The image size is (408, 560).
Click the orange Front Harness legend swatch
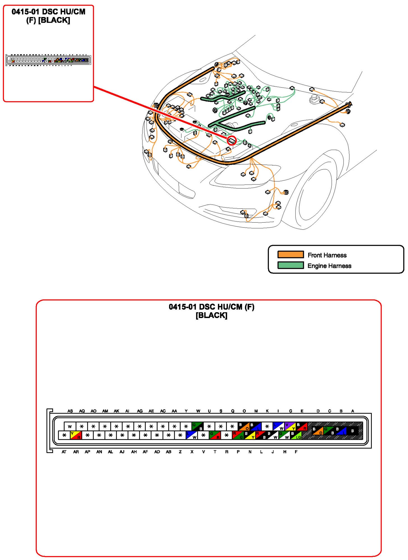click(x=290, y=254)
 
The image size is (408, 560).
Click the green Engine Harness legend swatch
click(x=290, y=265)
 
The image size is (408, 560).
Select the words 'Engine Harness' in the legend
click(x=329, y=266)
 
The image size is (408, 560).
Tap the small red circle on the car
click(x=232, y=141)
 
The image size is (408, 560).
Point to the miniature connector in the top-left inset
click(x=48, y=60)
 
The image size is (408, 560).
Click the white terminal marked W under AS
click(x=70, y=426)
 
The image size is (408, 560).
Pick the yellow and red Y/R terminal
click(x=76, y=435)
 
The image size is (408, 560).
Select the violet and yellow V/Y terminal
click(x=290, y=426)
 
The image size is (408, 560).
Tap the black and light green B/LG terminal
click(x=296, y=435)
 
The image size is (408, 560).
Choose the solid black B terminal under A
click(x=352, y=431)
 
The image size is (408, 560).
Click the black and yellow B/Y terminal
click(x=249, y=435)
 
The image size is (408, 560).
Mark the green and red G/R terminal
click(x=215, y=435)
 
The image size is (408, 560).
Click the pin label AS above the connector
click(x=70, y=411)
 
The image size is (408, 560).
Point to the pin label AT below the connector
click(x=64, y=452)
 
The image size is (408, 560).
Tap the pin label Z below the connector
click(x=180, y=452)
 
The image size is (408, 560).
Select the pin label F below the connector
click(x=296, y=452)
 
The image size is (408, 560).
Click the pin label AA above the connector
click(x=174, y=411)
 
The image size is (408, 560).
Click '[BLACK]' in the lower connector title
click(x=211, y=315)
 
